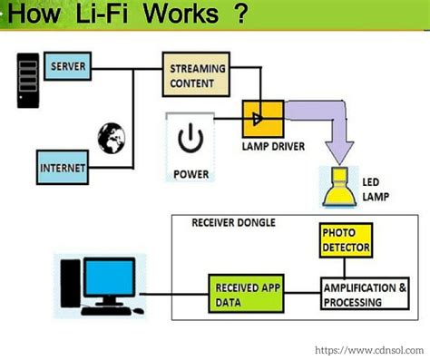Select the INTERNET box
(64, 169)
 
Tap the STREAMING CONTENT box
(193, 74)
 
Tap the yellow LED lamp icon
(337, 185)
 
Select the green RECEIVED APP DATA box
(244, 294)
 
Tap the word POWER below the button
(190, 172)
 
